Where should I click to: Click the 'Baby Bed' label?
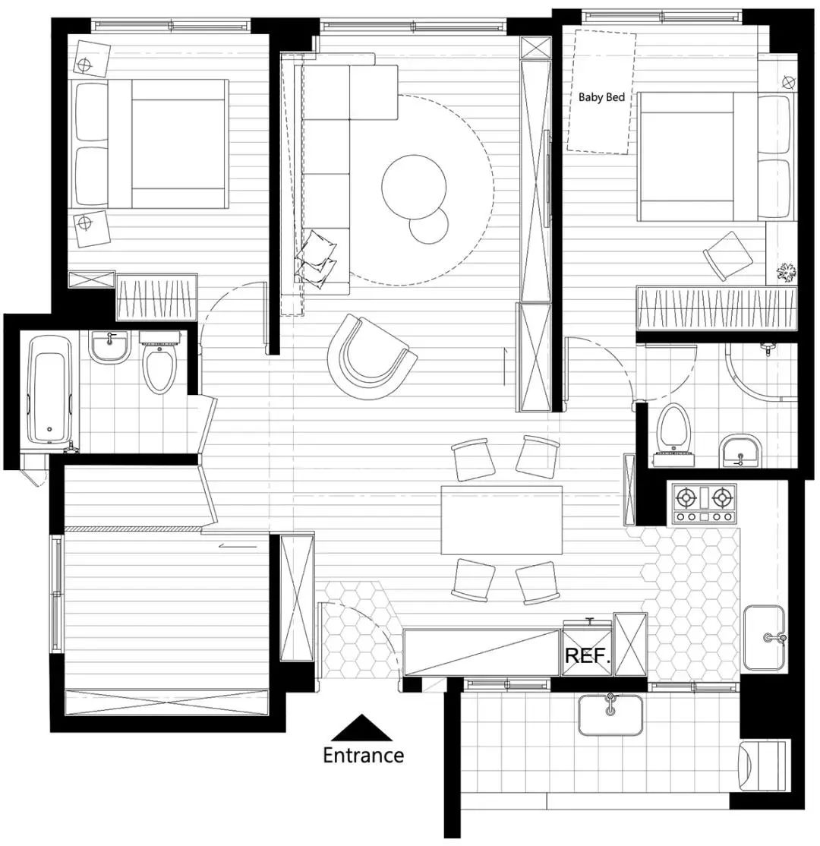click(x=601, y=97)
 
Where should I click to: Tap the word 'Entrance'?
click(x=363, y=755)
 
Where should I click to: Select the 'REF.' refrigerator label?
click(x=588, y=656)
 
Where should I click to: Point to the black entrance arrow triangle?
click(x=361, y=728)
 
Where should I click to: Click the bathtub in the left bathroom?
click(x=49, y=390)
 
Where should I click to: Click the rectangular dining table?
click(x=502, y=520)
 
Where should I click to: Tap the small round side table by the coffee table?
click(x=429, y=226)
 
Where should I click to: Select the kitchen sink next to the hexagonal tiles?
click(x=764, y=637)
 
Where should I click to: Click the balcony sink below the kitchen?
click(x=610, y=715)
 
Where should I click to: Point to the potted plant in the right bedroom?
click(x=786, y=272)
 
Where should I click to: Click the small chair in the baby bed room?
click(x=727, y=256)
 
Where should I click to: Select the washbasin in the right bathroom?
click(x=740, y=450)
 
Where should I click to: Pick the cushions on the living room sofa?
click(x=317, y=257)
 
